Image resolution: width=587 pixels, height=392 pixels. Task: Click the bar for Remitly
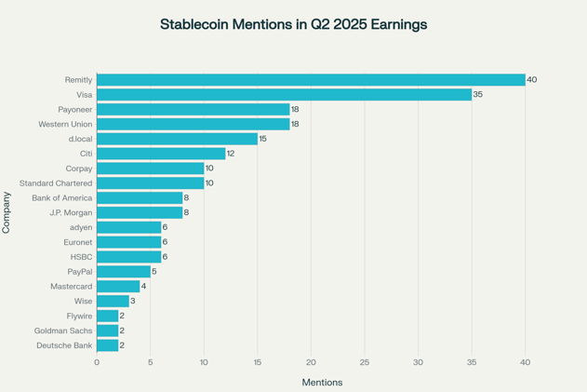(311, 80)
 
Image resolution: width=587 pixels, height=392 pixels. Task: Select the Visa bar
(284, 95)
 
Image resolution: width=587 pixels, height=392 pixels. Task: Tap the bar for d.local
(177, 139)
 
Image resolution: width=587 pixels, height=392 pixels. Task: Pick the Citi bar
(161, 154)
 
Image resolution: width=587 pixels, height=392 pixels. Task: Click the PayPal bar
(123, 272)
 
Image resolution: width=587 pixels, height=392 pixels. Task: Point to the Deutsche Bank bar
(107, 345)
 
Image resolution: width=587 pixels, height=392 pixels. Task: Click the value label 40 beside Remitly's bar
(531, 80)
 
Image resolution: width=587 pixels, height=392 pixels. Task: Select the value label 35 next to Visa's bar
(478, 95)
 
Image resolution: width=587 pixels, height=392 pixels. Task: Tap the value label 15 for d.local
(264, 139)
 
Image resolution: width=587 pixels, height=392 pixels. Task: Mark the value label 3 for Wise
(133, 302)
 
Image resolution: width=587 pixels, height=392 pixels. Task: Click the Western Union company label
(65, 124)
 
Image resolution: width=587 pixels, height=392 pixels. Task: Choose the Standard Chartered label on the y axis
(56, 183)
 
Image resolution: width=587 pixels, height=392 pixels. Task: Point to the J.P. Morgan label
(71, 213)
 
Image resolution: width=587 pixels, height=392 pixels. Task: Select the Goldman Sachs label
(63, 331)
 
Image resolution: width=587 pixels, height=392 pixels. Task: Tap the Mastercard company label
(71, 287)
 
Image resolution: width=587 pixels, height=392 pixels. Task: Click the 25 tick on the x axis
(365, 362)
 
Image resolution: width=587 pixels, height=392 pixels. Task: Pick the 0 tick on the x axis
(97, 362)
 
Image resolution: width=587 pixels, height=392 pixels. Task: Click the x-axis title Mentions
(322, 383)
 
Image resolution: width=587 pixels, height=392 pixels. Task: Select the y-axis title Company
(7, 212)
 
